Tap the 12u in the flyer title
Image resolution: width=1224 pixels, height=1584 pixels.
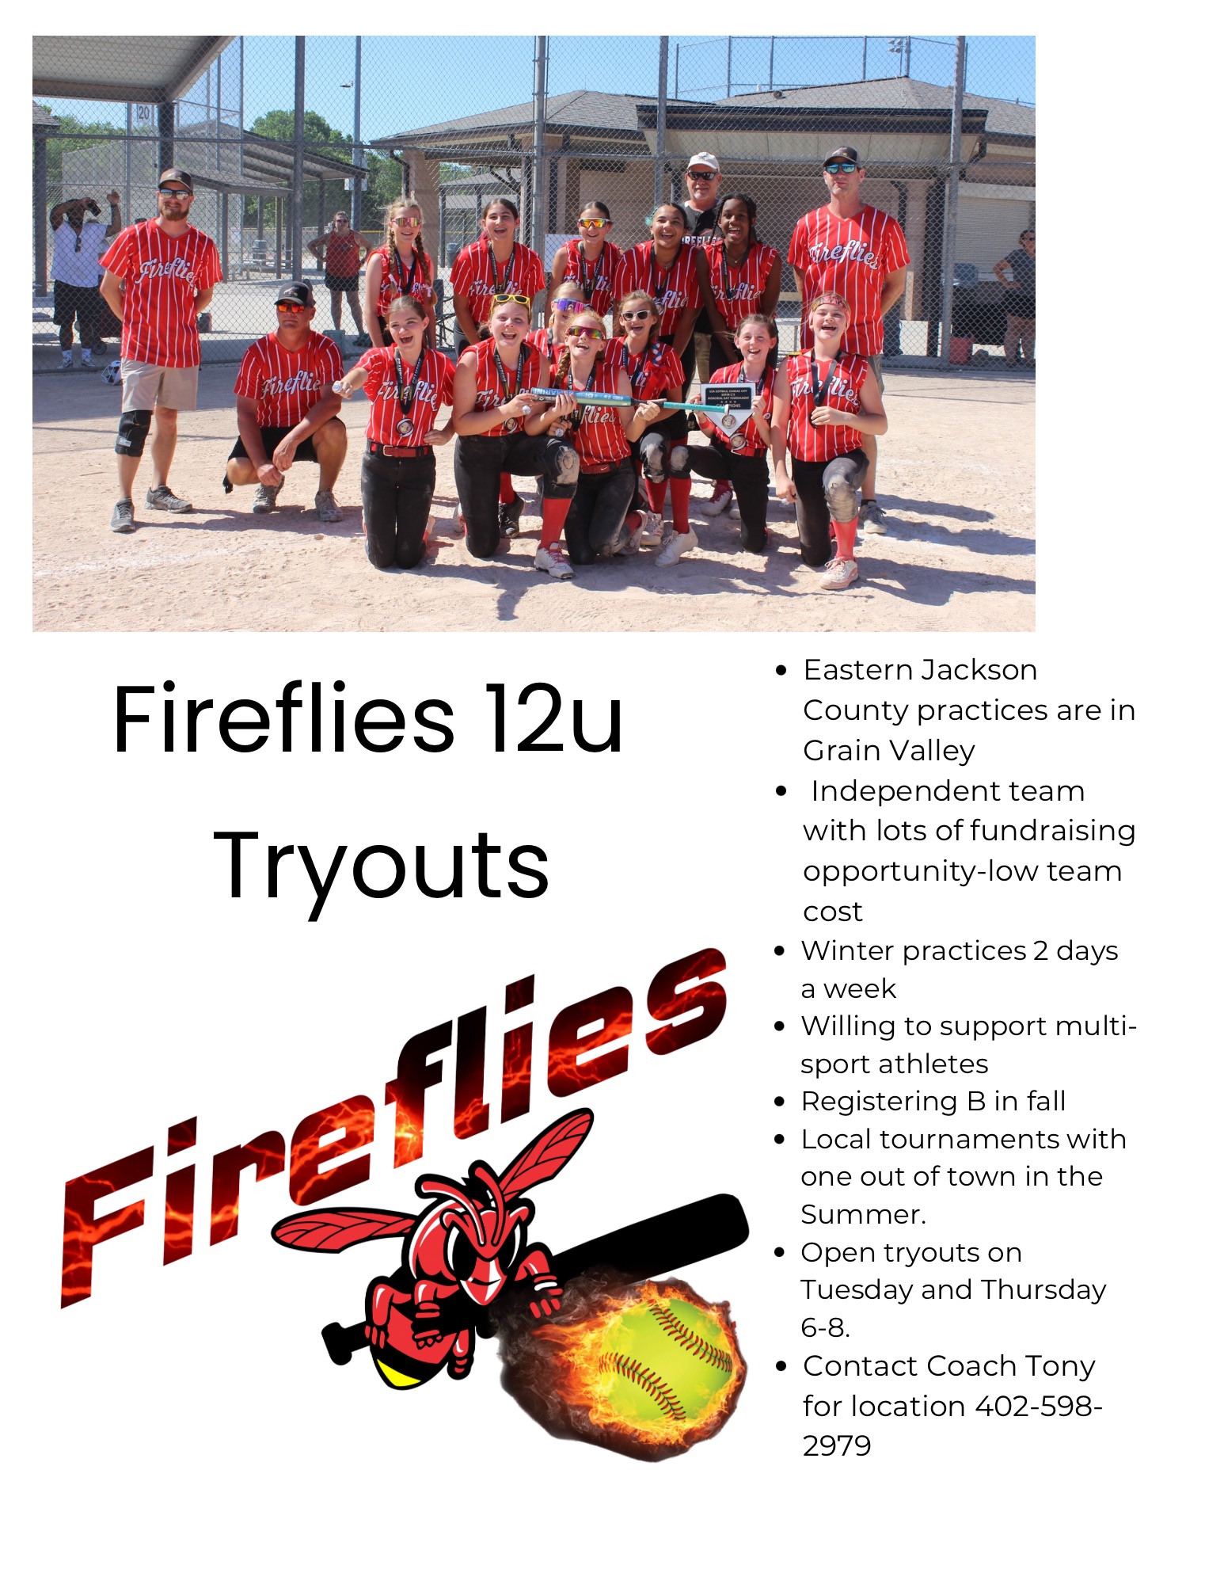coord(554,720)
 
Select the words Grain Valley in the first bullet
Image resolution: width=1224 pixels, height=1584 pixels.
coord(888,751)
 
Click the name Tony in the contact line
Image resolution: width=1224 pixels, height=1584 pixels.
coord(1059,1366)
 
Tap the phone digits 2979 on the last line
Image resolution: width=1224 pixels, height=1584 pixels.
coord(837,1446)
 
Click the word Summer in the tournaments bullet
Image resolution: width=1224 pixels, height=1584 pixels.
coord(860,1214)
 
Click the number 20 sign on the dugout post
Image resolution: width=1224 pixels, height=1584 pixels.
coord(143,112)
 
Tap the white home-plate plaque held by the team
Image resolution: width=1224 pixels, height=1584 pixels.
coord(727,405)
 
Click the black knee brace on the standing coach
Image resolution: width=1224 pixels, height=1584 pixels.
coord(132,432)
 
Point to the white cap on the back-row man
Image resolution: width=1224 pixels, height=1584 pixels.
coord(702,162)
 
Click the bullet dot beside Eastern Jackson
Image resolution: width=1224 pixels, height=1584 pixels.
coord(782,671)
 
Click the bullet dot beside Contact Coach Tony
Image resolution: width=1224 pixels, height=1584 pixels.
coord(782,1366)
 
